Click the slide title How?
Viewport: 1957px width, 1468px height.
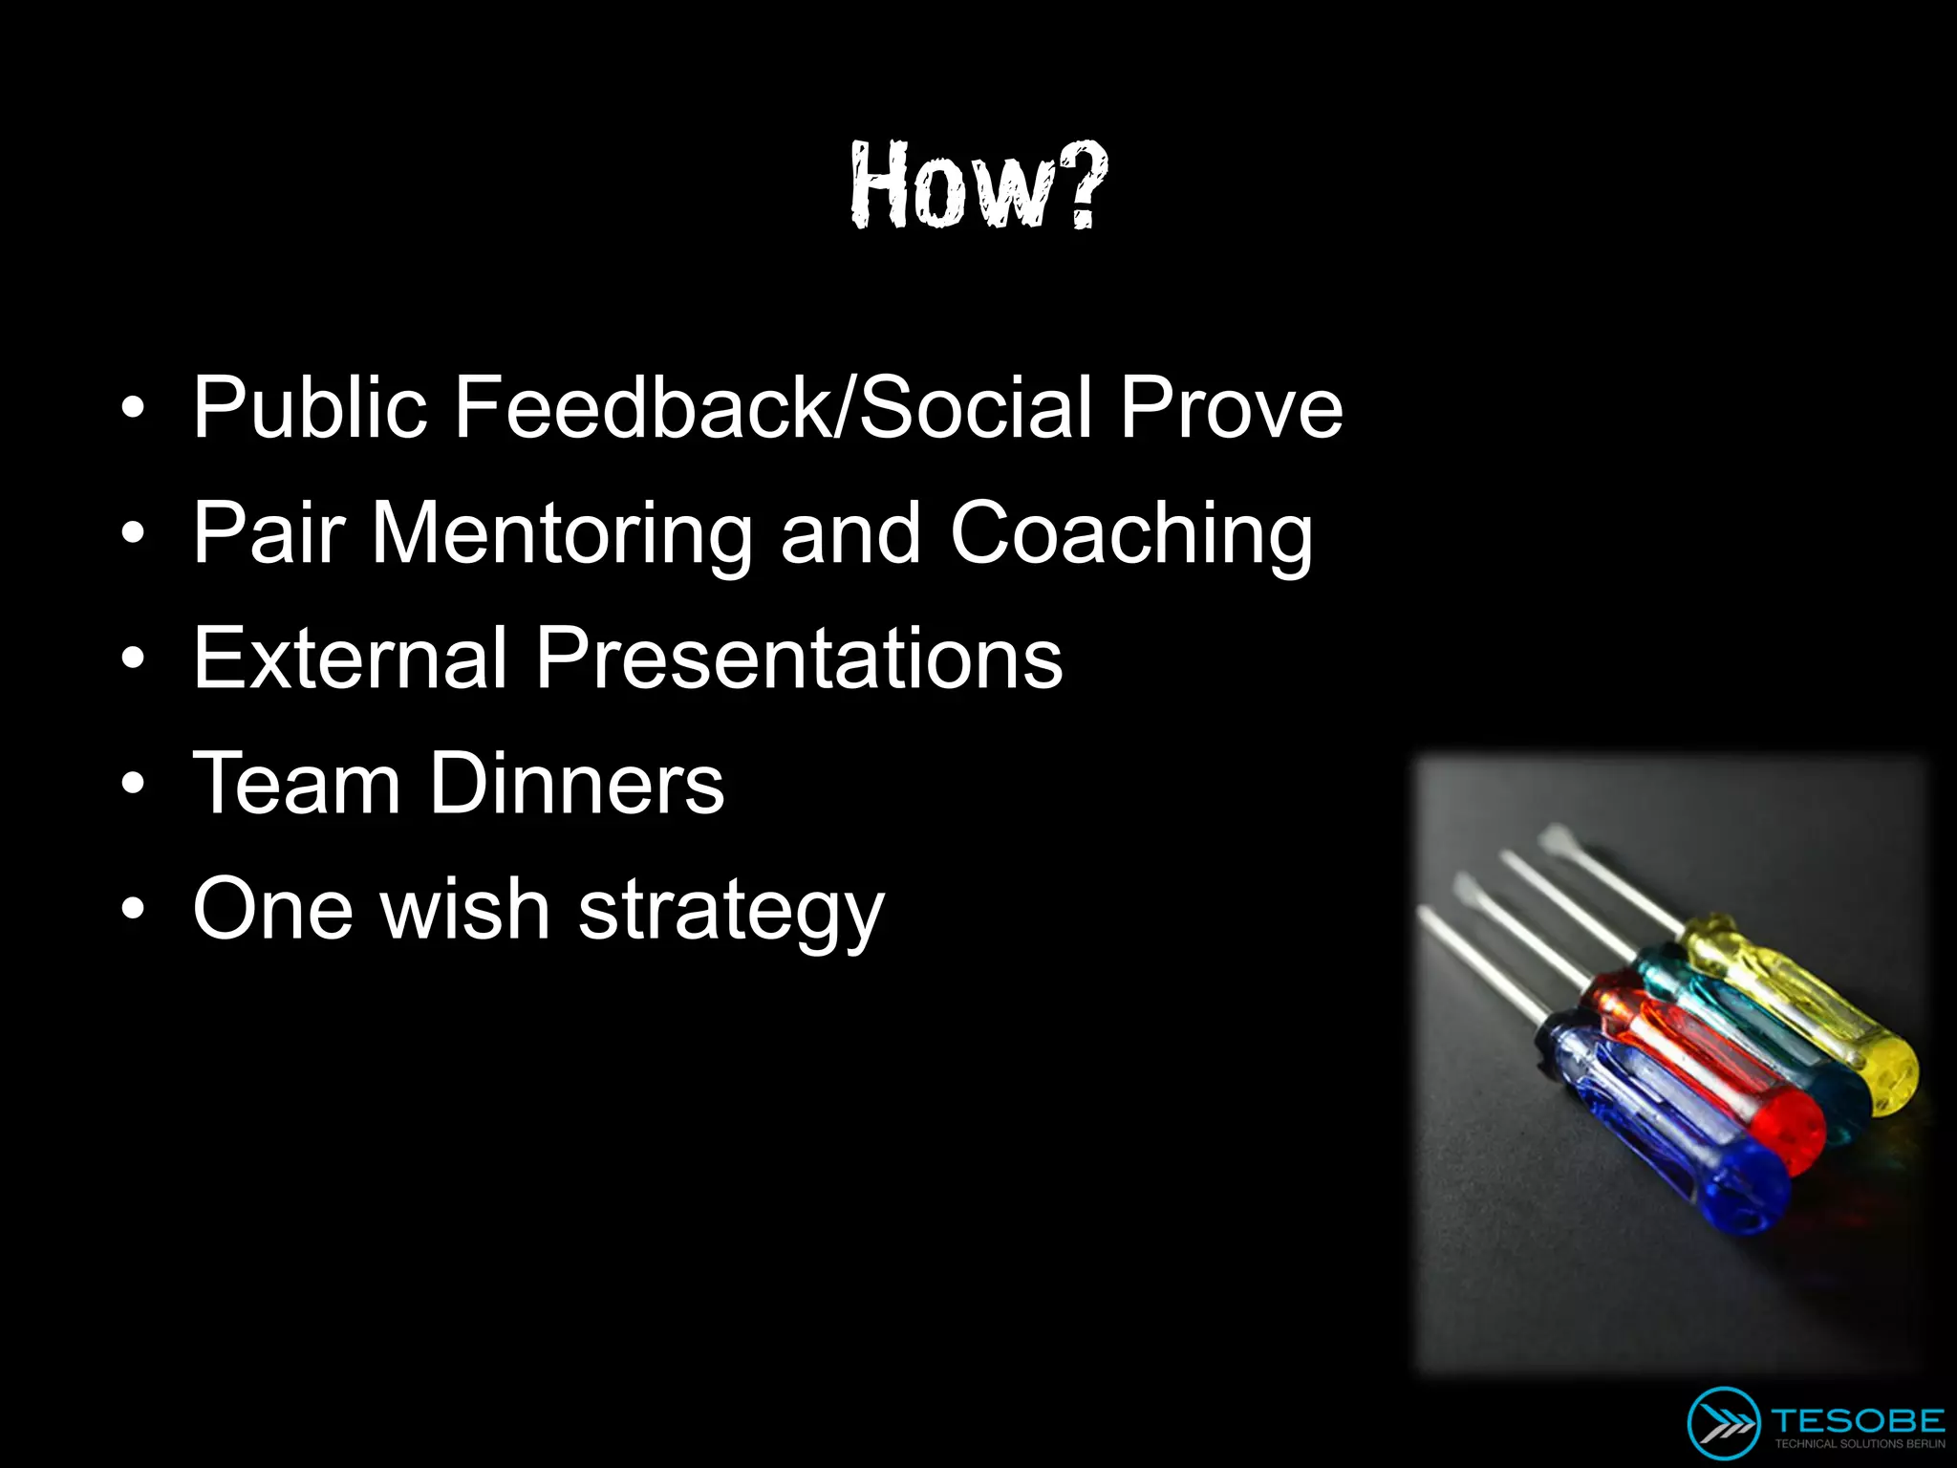click(978, 185)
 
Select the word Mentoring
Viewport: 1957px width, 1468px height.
click(562, 535)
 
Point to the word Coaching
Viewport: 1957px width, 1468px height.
click(1130, 535)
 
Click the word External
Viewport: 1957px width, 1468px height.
click(349, 658)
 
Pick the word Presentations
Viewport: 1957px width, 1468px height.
click(798, 658)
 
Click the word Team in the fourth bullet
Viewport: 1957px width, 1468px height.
click(296, 784)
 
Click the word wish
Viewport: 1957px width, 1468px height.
click(465, 910)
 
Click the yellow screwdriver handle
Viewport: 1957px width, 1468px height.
click(1806, 1013)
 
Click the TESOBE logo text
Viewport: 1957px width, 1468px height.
click(1858, 1420)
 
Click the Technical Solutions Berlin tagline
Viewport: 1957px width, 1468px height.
click(1859, 1444)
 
